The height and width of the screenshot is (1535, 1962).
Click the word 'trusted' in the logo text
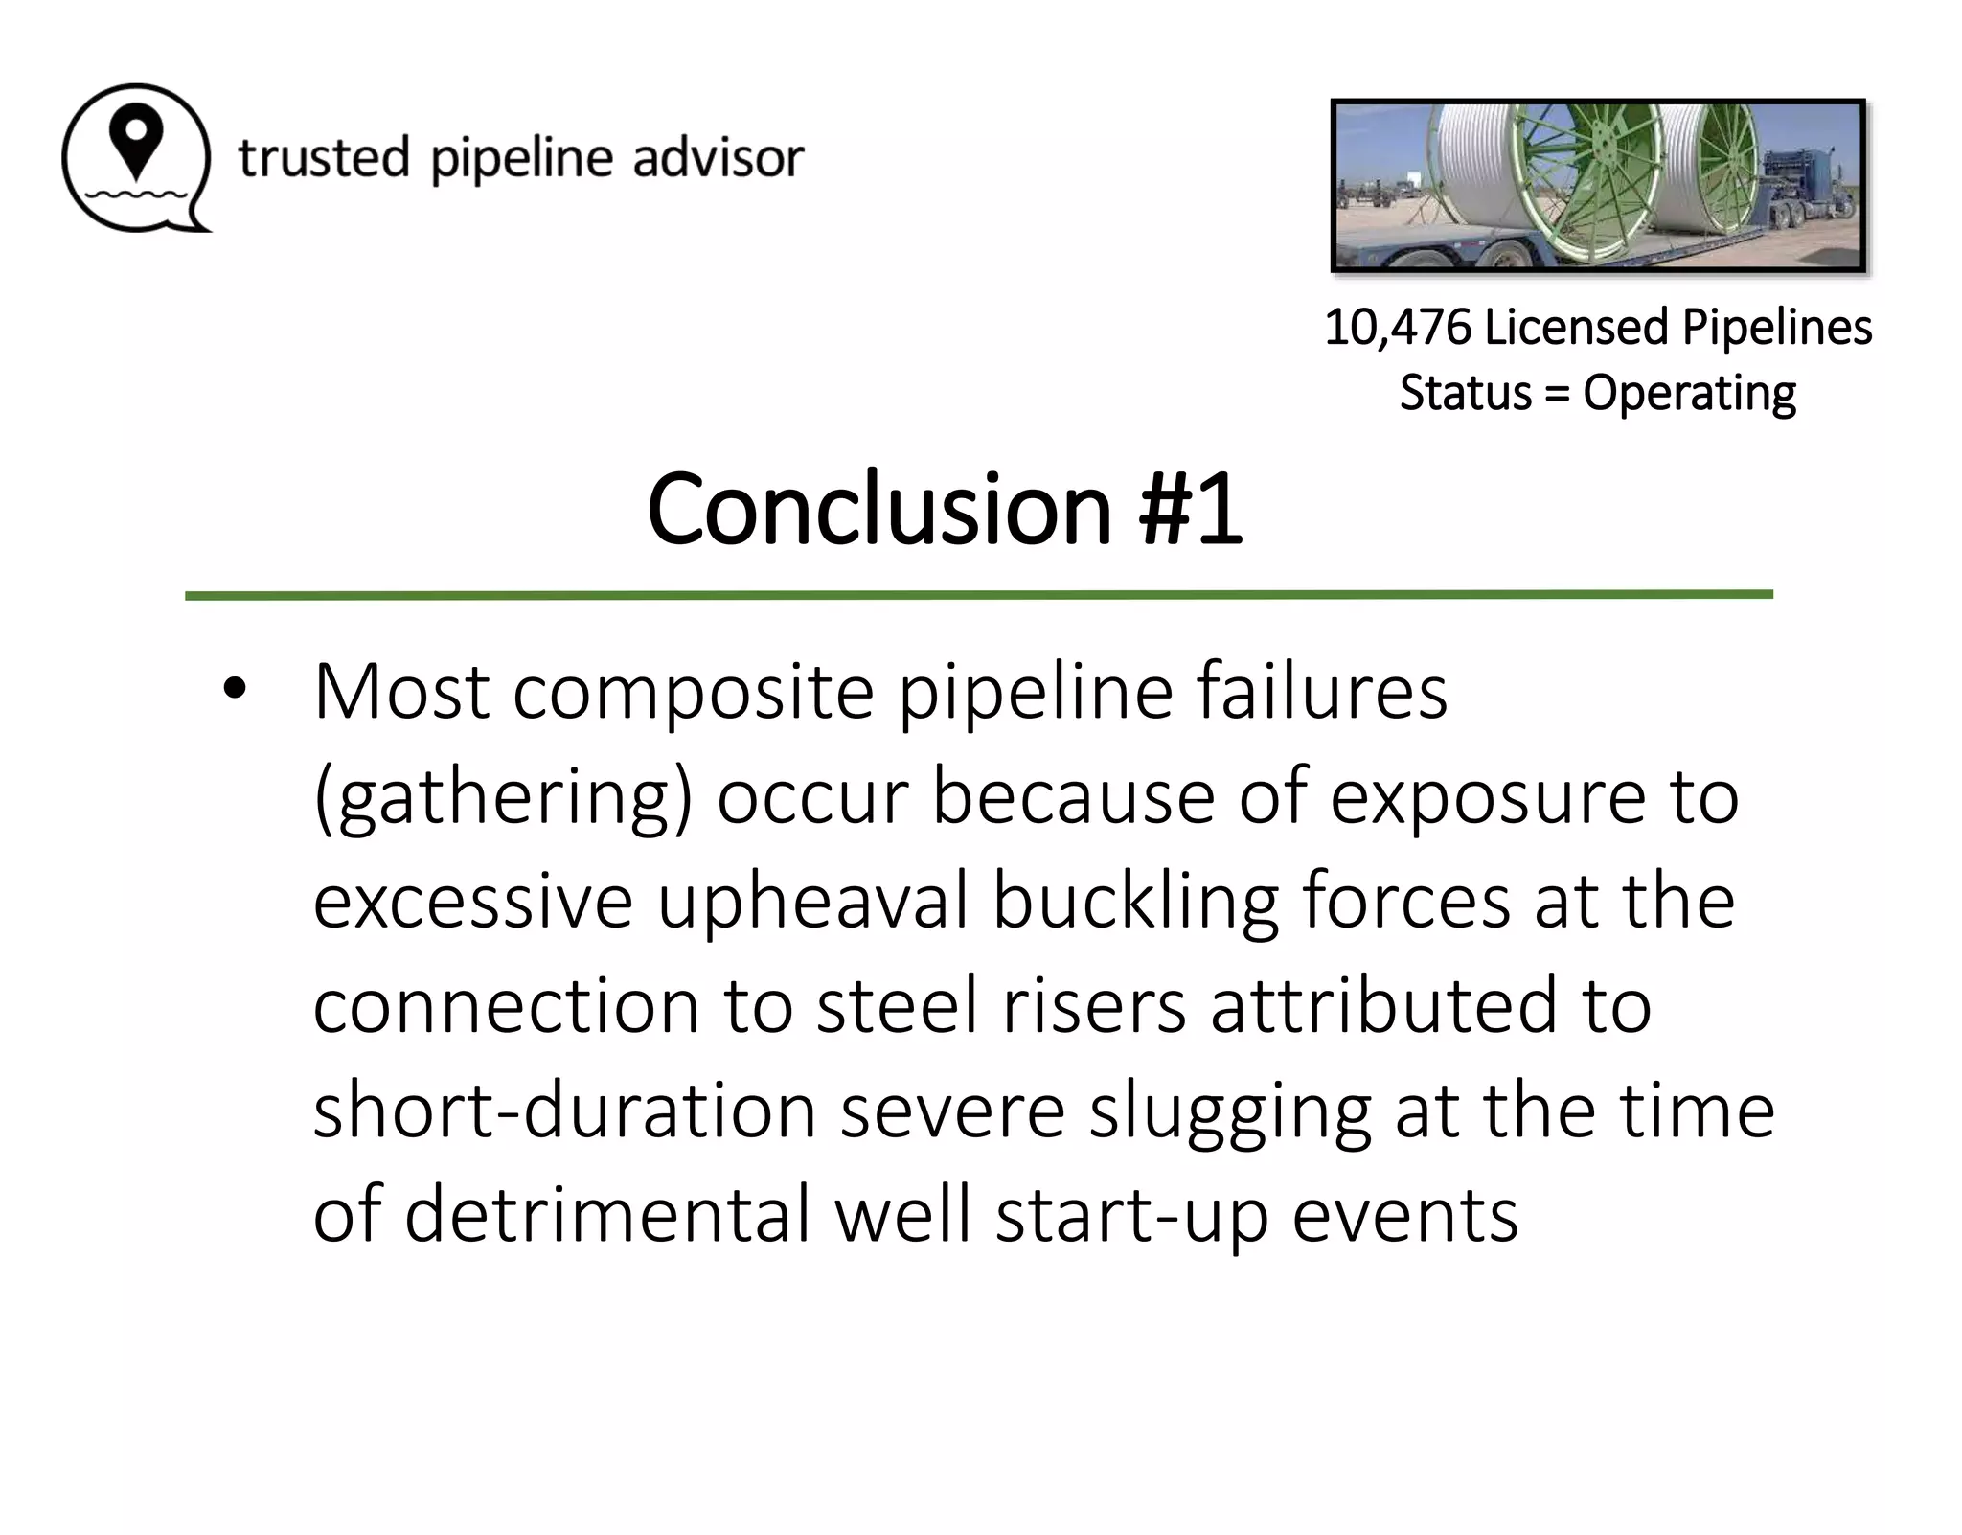tap(324, 158)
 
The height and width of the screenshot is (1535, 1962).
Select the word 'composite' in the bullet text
tap(694, 692)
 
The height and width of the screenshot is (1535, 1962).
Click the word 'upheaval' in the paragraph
tap(812, 902)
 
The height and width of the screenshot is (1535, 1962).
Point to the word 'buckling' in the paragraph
tap(1134, 902)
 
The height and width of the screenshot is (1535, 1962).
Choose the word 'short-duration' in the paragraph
tap(564, 1111)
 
